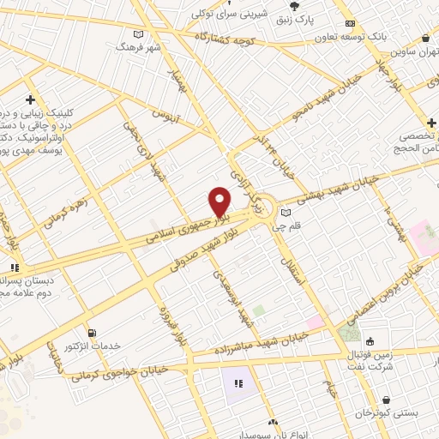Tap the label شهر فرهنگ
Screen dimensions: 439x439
142,47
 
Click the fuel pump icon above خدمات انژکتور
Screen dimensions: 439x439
92,332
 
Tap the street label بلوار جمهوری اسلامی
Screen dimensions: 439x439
183,223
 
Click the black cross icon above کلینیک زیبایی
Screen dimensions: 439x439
31,99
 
